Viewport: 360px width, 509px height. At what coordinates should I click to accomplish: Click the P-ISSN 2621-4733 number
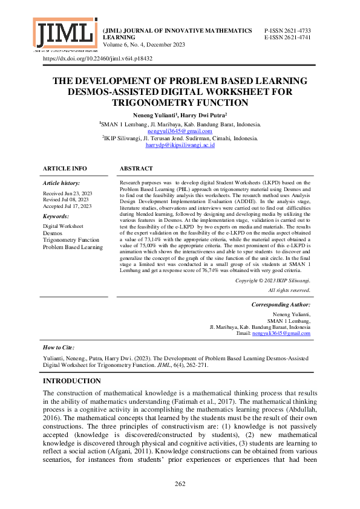[x=288, y=30]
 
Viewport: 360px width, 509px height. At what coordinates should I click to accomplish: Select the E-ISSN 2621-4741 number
[x=288, y=37]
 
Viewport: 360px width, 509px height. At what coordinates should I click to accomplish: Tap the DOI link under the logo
[x=97, y=59]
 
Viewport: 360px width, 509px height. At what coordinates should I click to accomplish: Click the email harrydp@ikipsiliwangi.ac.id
[x=180, y=145]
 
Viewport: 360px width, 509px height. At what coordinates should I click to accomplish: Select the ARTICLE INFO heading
[x=65, y=168]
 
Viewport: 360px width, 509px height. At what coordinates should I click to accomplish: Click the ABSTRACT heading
[x=136, y=168]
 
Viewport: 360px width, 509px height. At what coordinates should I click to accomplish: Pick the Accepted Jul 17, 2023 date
[x=67, y=206]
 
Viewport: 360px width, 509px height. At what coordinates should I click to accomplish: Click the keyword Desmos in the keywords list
[x=53, y=233]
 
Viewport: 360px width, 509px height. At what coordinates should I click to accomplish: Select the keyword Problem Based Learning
[x=73, y=247]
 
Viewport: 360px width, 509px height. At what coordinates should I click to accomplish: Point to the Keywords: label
[x=56, y=216]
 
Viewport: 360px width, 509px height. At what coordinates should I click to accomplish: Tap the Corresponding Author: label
[x=280, y=305]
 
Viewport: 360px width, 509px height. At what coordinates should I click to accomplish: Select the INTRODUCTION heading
[x=71, y=381]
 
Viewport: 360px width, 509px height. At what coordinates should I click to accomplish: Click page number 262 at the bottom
[x=180, y=484]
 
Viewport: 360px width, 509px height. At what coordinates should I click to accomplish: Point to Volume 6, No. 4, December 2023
[x=145, y=45]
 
